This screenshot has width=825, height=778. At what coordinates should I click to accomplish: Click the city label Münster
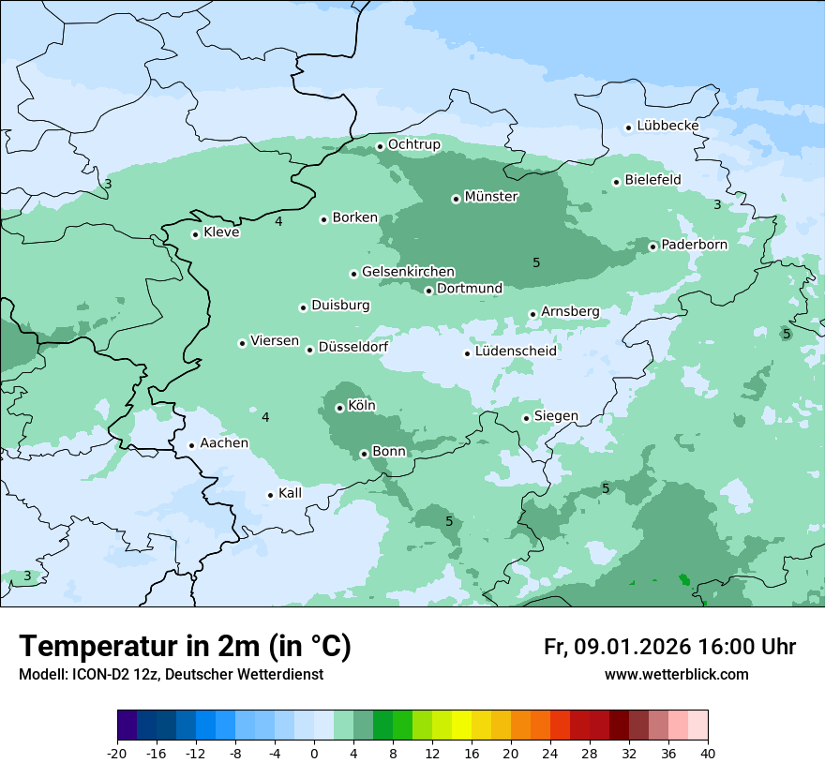tap(491, 197)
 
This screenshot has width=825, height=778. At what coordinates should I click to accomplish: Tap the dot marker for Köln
tap(339, 408)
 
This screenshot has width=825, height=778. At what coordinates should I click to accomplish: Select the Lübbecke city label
tap(667, 126)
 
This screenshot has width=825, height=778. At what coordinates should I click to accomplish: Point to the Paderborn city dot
tap(652, 247)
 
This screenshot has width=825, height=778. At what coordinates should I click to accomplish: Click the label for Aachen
tap(224, 443)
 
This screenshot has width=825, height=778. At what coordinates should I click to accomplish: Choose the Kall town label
tap(290, 493)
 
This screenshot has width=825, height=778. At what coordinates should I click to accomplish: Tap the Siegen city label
tap(556, 416)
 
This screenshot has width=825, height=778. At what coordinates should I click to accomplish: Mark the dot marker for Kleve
tap(195, 234)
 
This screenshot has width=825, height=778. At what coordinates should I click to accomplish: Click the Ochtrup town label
tap(413, 144)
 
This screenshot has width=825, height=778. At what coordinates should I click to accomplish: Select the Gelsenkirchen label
tap(408, 272)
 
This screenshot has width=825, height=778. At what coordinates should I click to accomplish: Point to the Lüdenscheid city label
tap(516, 352)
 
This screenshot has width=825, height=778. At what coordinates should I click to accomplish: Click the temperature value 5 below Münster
tap(536, 262)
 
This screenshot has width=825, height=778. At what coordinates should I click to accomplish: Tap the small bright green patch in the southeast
tap(684, 580)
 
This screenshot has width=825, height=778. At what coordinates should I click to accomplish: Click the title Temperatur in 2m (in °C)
tap(185, 646)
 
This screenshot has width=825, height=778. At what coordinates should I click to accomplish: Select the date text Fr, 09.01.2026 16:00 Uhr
tap(669, 647)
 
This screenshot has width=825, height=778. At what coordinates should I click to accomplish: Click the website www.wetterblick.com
tap(676, 674)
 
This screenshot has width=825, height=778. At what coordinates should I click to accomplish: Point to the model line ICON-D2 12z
tap(171, 674)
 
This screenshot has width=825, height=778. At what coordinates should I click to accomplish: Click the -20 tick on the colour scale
tap(117, 752)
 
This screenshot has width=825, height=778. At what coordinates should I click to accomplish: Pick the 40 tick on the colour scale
tap(707, 752)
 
